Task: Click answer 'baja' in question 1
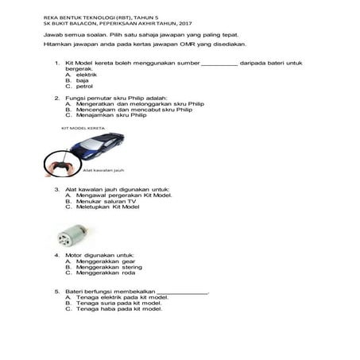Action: click(83, 80)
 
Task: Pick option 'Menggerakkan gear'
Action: click(106, 261)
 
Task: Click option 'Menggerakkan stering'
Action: click(109, 266)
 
